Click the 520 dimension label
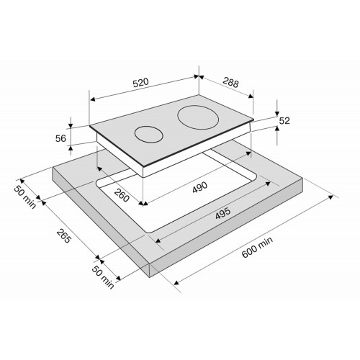pyautogui.click(x=141, y=82)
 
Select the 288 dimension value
pyautogui.click(x=230, y=82)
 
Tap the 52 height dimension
pyautogui.click(x=284, y=120)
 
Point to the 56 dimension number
pyautogui.click(x=60, y=138)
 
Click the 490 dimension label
pyautogui.click(x=199, y=187)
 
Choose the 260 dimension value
pyautogui.click(x=122, y=195)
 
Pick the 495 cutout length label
pyautogui.click(x=222, y=213)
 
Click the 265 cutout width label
pyautogui.click(x=64, y=235)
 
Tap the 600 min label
pyautogui.click(x=257, y=247)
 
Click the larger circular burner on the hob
pyautogui.click(x=198, y=117)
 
